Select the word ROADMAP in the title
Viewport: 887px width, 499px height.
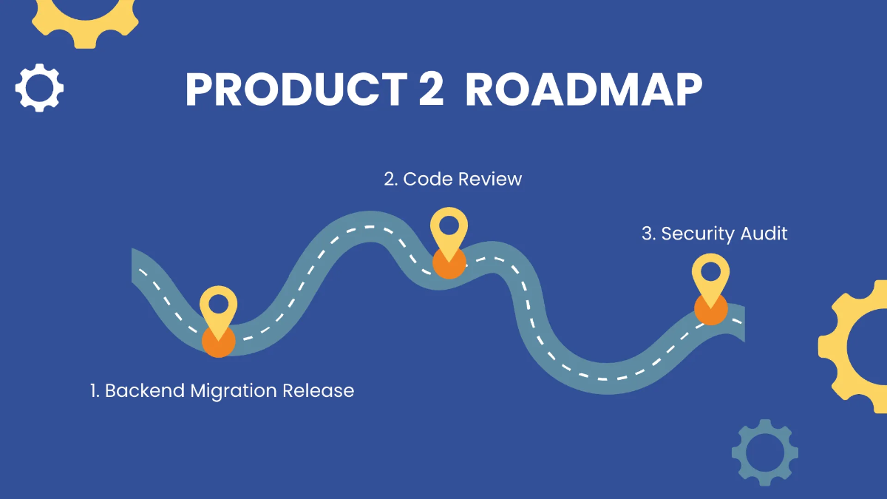(584, 91)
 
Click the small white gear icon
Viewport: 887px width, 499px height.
(39, 88)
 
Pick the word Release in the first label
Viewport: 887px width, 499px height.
(319, 390)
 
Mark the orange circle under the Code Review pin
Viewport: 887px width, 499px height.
(449, 264)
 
